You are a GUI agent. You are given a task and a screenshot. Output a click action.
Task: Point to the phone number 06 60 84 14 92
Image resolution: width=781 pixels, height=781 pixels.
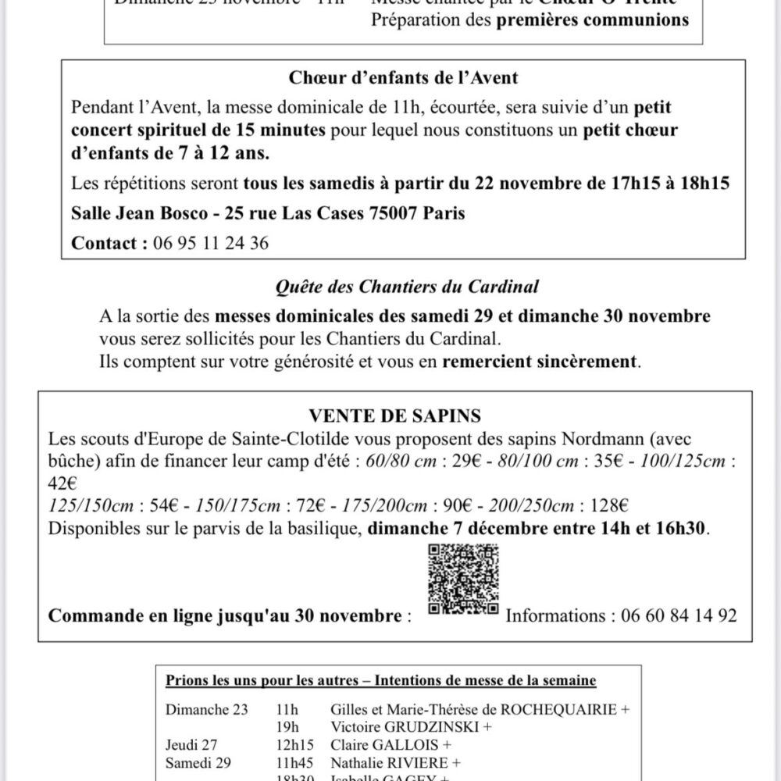(679, 615)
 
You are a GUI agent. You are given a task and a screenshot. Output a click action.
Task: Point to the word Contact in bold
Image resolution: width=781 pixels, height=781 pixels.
(105, 243)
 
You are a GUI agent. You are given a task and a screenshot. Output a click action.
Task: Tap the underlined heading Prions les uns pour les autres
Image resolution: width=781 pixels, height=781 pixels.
(267, 681)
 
